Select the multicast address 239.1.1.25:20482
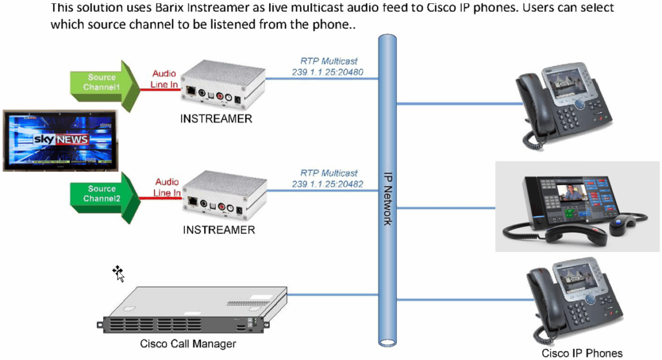click(x=327, y=184)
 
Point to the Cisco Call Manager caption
click(x=188, y=344)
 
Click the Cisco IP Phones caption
click(x=582, y=353)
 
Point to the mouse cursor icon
click(x=118, y=273)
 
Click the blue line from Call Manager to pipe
click(x=323, y=295)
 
